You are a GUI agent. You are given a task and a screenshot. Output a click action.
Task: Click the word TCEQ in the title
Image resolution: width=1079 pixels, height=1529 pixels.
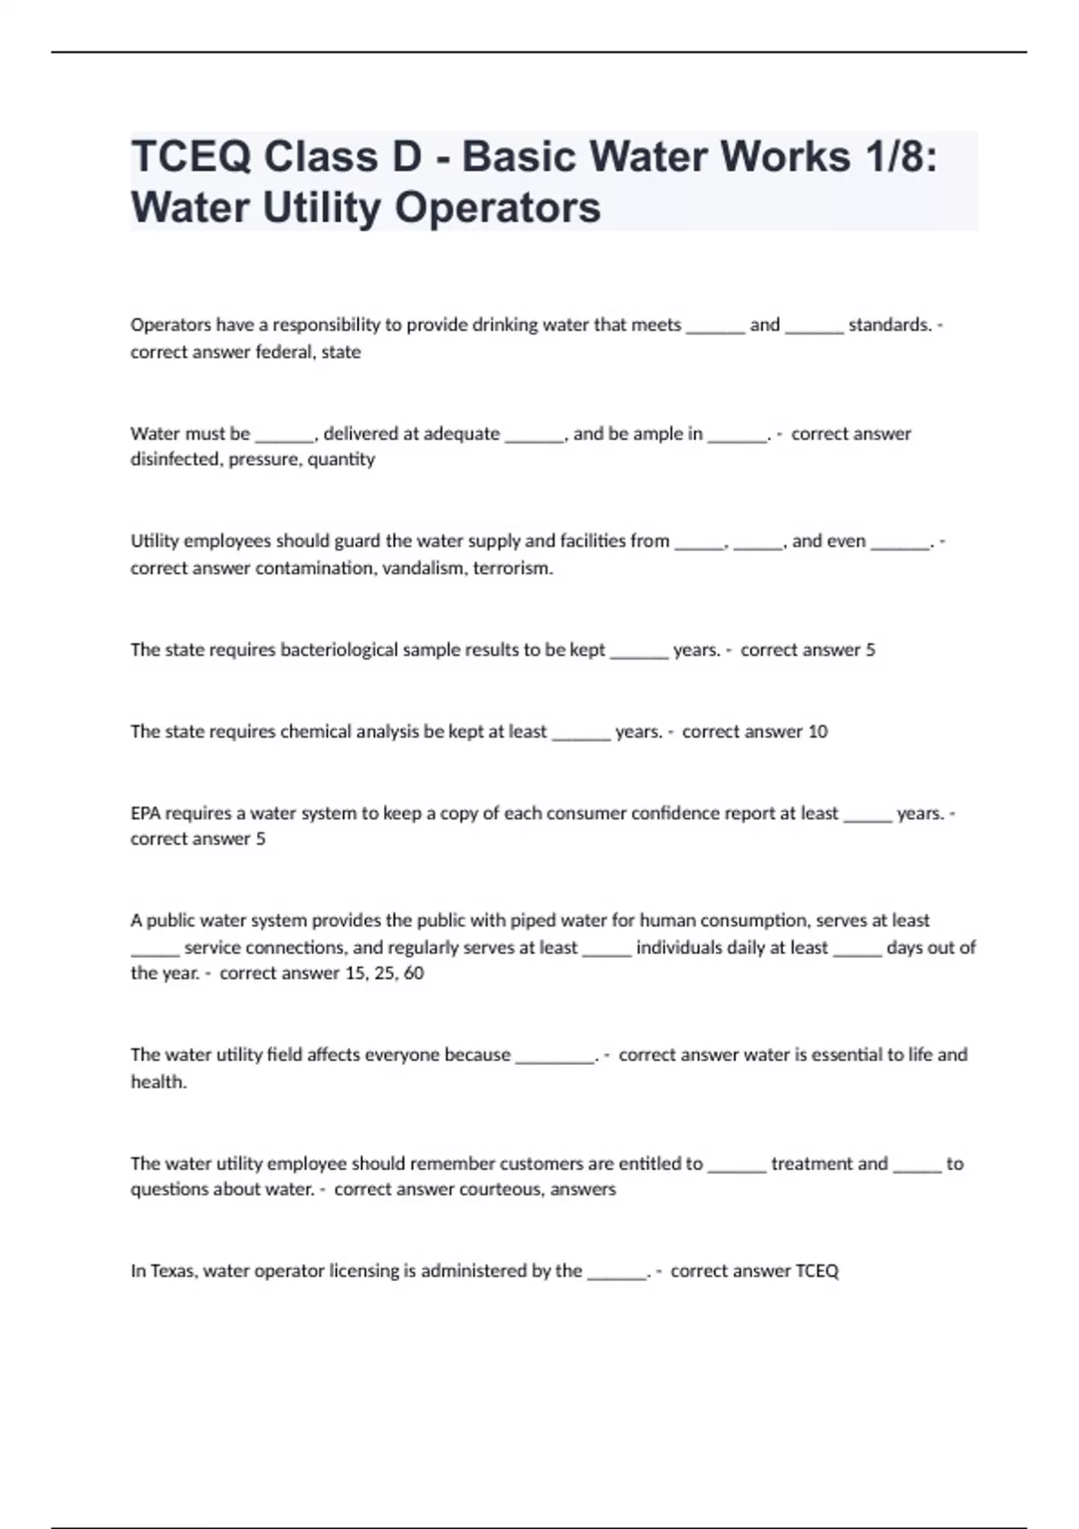(187, 157)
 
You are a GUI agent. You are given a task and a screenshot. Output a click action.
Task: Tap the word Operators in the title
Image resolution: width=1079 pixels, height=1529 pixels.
(497, 208)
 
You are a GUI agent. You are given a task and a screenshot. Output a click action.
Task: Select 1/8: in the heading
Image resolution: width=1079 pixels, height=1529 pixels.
(902, 157)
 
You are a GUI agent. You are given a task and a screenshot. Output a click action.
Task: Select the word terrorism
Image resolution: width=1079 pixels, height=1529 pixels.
(513, 568)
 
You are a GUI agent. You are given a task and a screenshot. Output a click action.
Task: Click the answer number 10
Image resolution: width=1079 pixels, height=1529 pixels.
(817, 732)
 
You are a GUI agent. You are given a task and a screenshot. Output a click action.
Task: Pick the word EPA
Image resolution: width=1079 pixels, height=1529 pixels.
(145, 814)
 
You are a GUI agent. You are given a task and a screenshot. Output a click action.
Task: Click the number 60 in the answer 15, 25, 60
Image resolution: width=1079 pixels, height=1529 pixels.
(414, 973)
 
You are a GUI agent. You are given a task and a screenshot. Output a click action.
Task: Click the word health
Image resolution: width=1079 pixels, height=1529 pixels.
(158, 1082)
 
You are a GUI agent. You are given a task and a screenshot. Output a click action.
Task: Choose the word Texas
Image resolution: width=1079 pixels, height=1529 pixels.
(173, 1272)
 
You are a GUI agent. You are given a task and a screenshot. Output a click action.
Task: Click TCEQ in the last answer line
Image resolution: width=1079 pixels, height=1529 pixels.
(817, 1272)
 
